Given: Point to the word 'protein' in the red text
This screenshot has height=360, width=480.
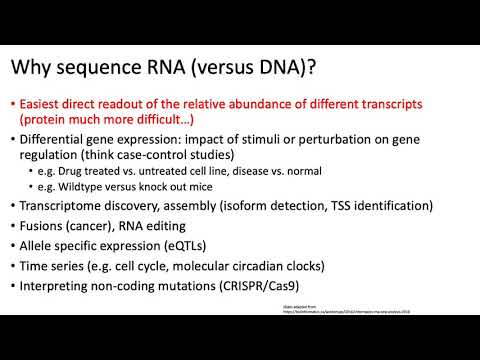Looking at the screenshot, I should (49, 120).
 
